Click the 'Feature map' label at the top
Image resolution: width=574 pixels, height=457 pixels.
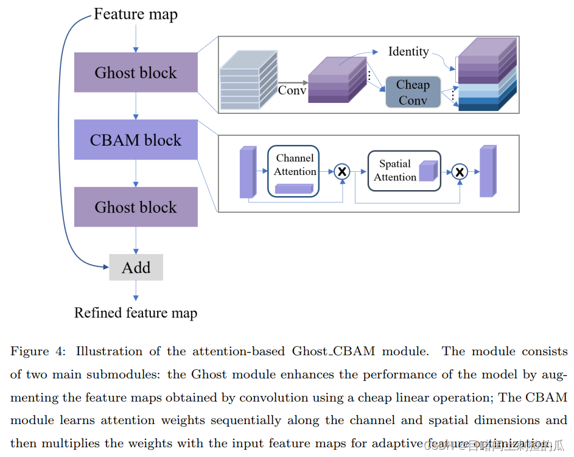tap(135, 14)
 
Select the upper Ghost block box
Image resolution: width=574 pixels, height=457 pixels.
tap(136, 73)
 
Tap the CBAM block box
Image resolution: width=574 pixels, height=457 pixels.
tap(136, 140)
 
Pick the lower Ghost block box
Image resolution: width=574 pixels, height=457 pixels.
tap(136, 207)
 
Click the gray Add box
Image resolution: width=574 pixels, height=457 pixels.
tap(136, 267)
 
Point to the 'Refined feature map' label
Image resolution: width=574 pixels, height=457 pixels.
tap(136, 313)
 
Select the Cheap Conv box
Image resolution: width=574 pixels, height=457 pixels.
tap(413, 93)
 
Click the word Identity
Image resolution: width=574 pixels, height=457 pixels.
tap(408, 52)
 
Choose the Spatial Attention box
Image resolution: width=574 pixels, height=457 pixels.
tap(404, 171)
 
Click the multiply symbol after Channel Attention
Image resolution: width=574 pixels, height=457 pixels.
tap(342, 172)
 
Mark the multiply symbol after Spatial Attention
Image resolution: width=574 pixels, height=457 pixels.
tap(460, 172)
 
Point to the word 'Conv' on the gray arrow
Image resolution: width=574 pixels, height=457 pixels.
tap(292, 90)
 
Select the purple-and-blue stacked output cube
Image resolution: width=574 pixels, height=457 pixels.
tap(486, 75)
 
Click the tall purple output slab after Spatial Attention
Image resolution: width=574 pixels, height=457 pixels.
tap(488, 171)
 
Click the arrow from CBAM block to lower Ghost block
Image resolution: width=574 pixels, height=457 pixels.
tap(136, 173)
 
